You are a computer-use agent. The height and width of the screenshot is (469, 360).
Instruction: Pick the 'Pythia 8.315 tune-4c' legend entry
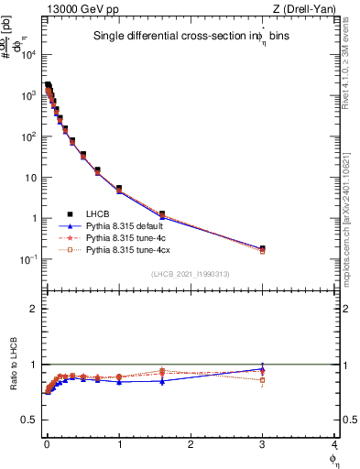[x=124, y=236]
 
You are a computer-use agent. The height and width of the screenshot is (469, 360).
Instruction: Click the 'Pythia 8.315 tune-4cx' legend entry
[x=125, y=248]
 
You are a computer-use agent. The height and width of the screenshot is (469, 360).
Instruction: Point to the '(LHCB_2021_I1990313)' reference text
[x=191, y=274]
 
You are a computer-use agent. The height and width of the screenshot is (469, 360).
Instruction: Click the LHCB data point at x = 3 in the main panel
[x=263, y=248]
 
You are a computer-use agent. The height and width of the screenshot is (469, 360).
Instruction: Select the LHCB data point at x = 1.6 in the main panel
[x=162, y=214]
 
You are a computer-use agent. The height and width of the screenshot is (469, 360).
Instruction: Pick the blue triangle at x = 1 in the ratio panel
[x=119, y=382]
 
